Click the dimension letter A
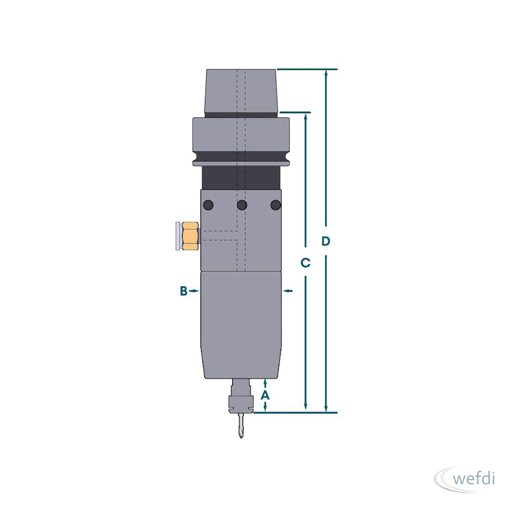click(265, 395)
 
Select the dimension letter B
click(184, 291)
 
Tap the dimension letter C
click(305, 263)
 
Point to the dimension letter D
click(326, 241)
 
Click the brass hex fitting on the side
click(190, 236)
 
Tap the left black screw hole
click(208, 205)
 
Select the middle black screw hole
click(242, 205)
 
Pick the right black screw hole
click(275, 205)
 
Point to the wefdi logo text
click(473, 479)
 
